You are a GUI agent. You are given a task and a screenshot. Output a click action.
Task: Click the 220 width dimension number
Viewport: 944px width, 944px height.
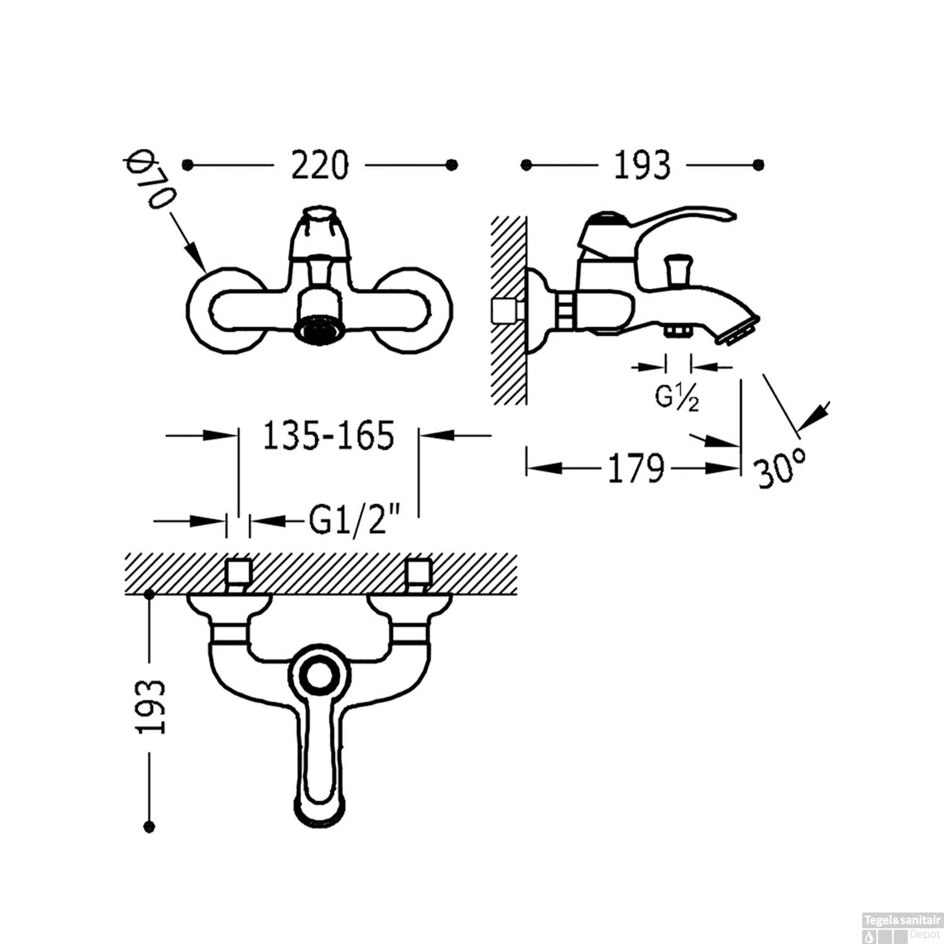click(319, 166)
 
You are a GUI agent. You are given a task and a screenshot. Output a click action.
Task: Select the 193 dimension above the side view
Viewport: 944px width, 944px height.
click(642, 166)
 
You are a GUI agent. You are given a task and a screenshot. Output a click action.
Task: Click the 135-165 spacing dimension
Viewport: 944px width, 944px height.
click(328, 435)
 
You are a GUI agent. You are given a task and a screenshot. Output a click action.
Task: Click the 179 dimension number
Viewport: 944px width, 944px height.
click(636, 468)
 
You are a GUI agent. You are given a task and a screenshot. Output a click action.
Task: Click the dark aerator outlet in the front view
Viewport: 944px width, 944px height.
click(319, 330)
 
